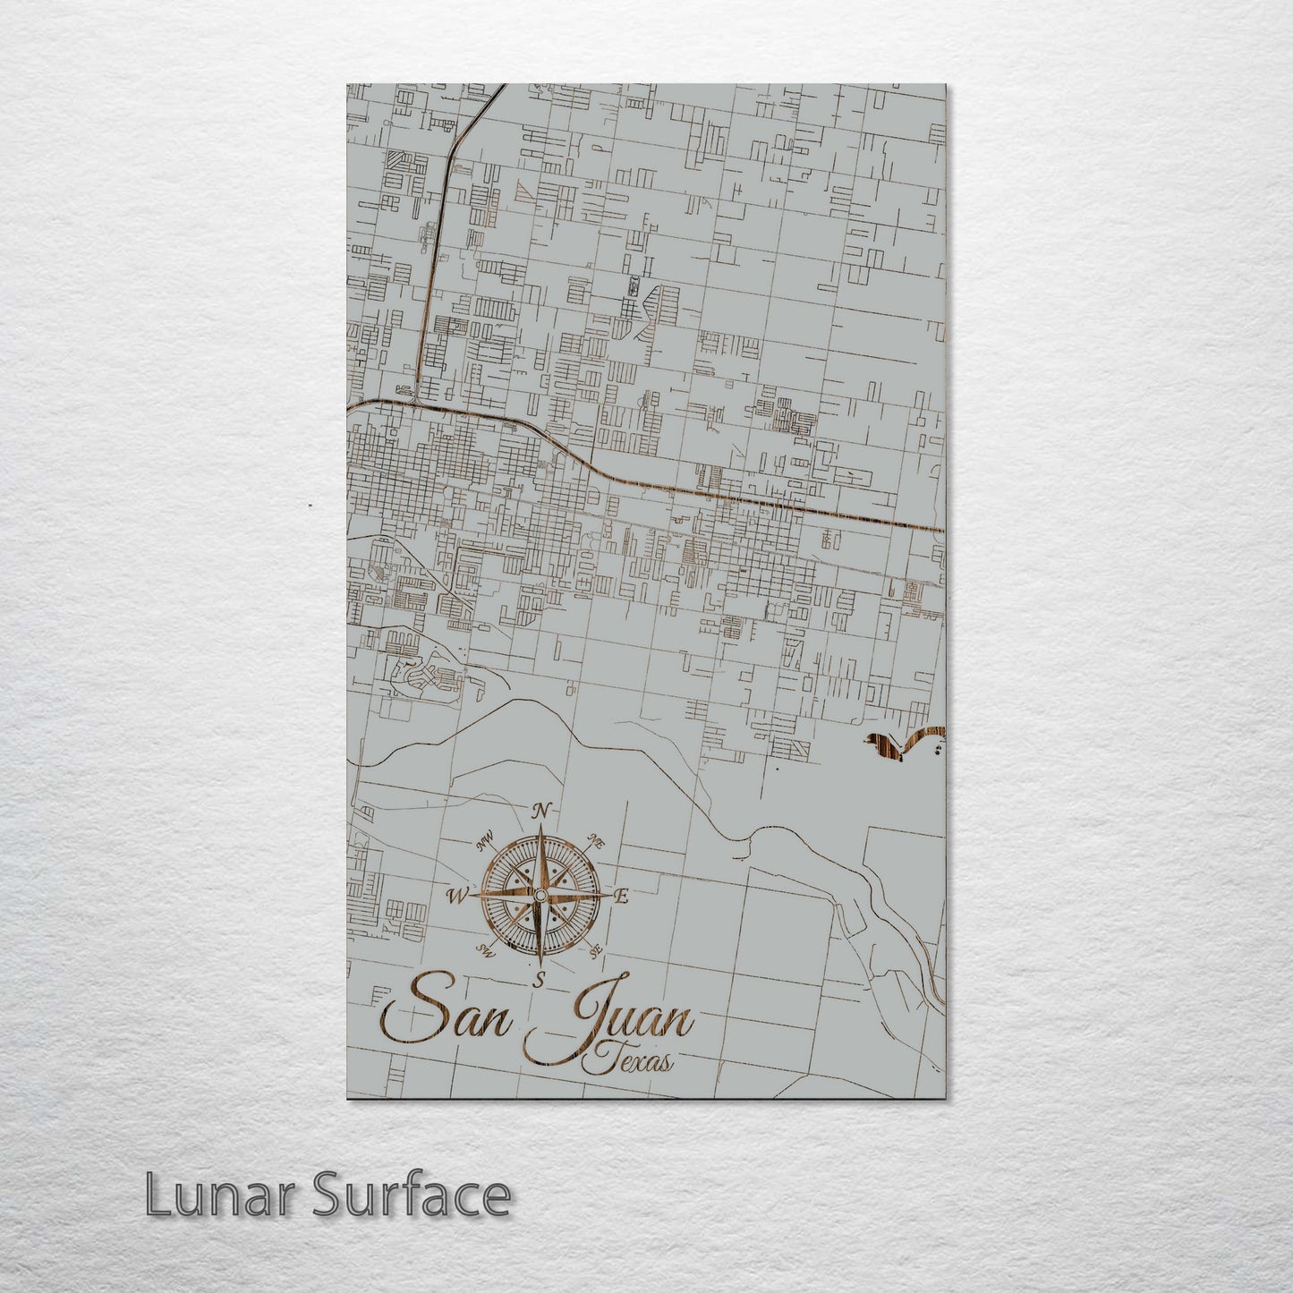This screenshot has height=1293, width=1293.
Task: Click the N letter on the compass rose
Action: tap(540, 812)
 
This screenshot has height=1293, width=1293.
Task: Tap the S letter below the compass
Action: tap(540, 981)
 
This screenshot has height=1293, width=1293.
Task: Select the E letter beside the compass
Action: tap(624, 896)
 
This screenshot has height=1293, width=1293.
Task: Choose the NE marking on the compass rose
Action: tap(594, 839)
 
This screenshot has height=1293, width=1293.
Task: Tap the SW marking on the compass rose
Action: tap(486, 949)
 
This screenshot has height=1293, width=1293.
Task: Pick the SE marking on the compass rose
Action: tap(595, 951)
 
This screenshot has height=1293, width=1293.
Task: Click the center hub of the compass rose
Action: tap(540, 895)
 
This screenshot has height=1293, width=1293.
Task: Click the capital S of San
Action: tap(408, 1018)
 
